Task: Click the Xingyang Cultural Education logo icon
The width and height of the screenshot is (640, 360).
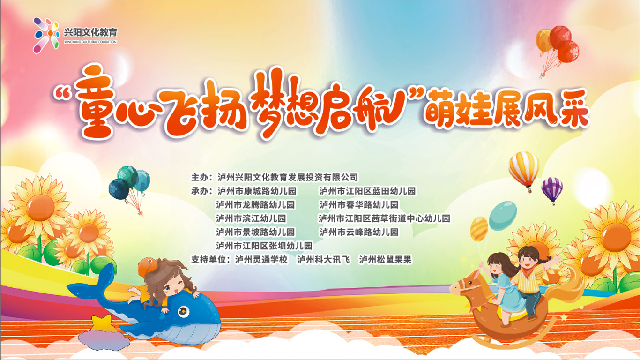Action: tap(46, 35)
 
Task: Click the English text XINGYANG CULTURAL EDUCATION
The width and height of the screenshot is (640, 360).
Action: tap(90, 42)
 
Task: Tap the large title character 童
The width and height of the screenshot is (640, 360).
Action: tap(96, 102)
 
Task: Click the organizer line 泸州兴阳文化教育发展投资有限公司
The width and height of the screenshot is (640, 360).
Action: tap(287, 177)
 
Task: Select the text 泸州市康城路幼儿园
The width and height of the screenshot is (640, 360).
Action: tap(257, 191)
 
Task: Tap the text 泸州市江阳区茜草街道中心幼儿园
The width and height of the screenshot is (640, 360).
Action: tap(384, 218)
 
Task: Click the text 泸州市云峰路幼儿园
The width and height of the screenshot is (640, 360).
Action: tap(359, 232)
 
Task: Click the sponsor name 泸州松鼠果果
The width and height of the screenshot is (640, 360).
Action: tap(385, 260)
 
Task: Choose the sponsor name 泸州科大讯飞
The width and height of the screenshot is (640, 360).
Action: tap(323, 260)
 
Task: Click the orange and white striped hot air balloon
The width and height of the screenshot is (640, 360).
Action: tap(523, 169)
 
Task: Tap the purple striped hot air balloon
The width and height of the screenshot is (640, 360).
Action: tap(552, 190)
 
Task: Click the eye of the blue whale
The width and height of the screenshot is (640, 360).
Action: tap(183, 311)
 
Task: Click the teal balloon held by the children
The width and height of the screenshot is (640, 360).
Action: tap(503, 216)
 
